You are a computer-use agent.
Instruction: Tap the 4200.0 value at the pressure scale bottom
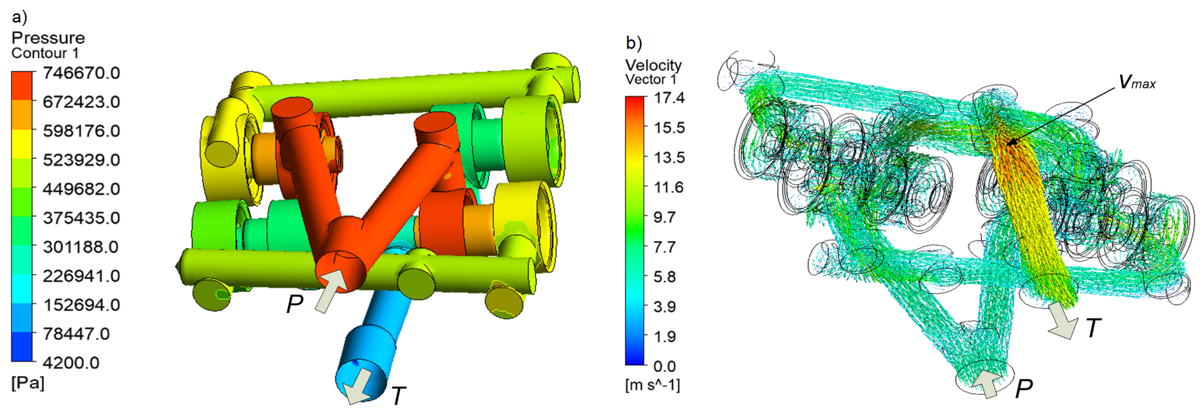(71, 362)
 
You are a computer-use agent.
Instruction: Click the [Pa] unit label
(28, 383)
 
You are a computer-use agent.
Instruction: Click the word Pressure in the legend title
(48, 38)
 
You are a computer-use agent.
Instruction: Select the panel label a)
(19, 17)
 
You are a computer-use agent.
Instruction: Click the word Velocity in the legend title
(653, 65)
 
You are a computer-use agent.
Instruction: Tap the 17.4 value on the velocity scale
(669, 97)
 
